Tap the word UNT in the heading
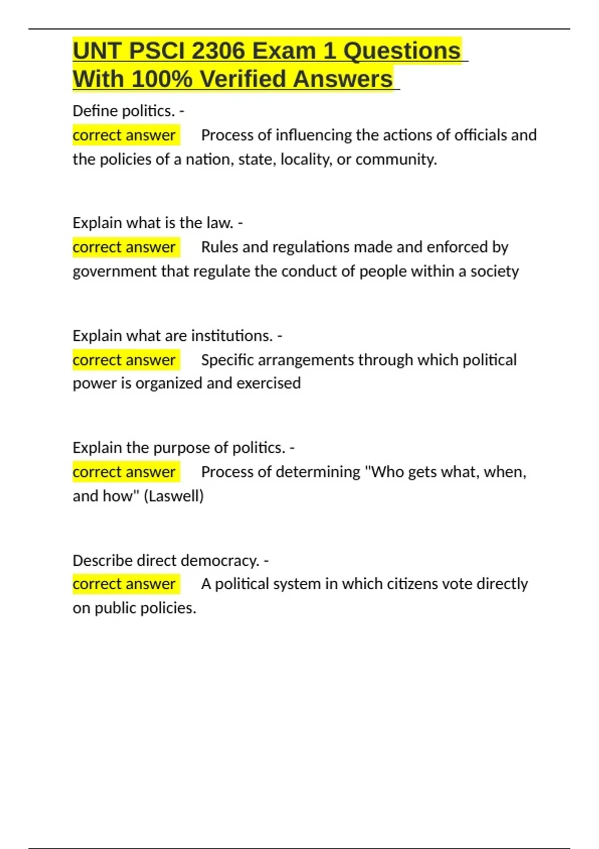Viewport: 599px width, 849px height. click(x=97, y=51)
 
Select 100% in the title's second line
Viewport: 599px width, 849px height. click(x=162, y=79)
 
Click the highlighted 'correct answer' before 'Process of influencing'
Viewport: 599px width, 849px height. click(x=124, y=135)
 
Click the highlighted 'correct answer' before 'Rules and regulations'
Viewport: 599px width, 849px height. click(x=124, y=247)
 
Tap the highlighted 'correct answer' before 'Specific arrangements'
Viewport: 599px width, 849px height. click(x=124, y=360)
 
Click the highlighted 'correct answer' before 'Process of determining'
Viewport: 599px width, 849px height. click(x=124, y=472)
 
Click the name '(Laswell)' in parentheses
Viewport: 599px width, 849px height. click(x=174, y=496)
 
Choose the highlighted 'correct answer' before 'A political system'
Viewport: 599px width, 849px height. click(x=124, y=584)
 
